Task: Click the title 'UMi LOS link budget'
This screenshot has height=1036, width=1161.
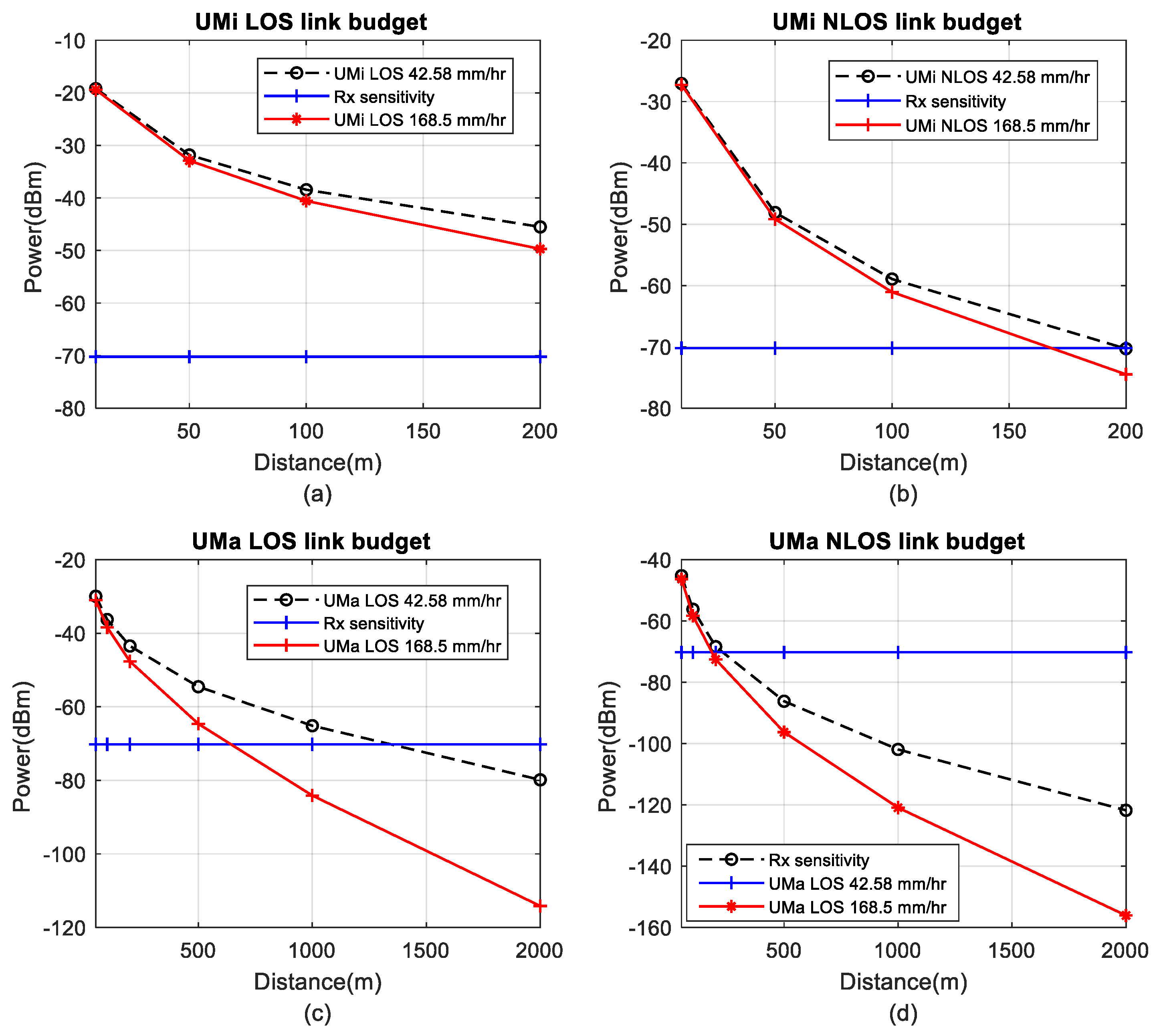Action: click(311, 22)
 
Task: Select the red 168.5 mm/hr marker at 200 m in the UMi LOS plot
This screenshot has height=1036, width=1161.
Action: click(540, 249)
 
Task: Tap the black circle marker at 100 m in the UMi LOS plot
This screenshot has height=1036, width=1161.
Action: click(306, 189)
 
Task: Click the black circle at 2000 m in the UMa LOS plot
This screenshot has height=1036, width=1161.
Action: click(540, 780)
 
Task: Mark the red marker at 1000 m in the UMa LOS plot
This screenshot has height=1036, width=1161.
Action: click(312, 796)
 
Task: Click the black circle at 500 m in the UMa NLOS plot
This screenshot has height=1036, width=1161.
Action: click(784, 701)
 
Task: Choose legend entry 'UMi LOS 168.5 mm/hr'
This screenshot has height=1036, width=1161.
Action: click(420, 120)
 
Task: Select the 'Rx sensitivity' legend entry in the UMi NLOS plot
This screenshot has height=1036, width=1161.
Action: click(955, 102)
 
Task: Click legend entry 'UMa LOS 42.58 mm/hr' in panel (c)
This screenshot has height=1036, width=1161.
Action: click(412, 601)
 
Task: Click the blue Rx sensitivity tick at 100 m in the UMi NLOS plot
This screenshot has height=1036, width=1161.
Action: click(892, 348)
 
